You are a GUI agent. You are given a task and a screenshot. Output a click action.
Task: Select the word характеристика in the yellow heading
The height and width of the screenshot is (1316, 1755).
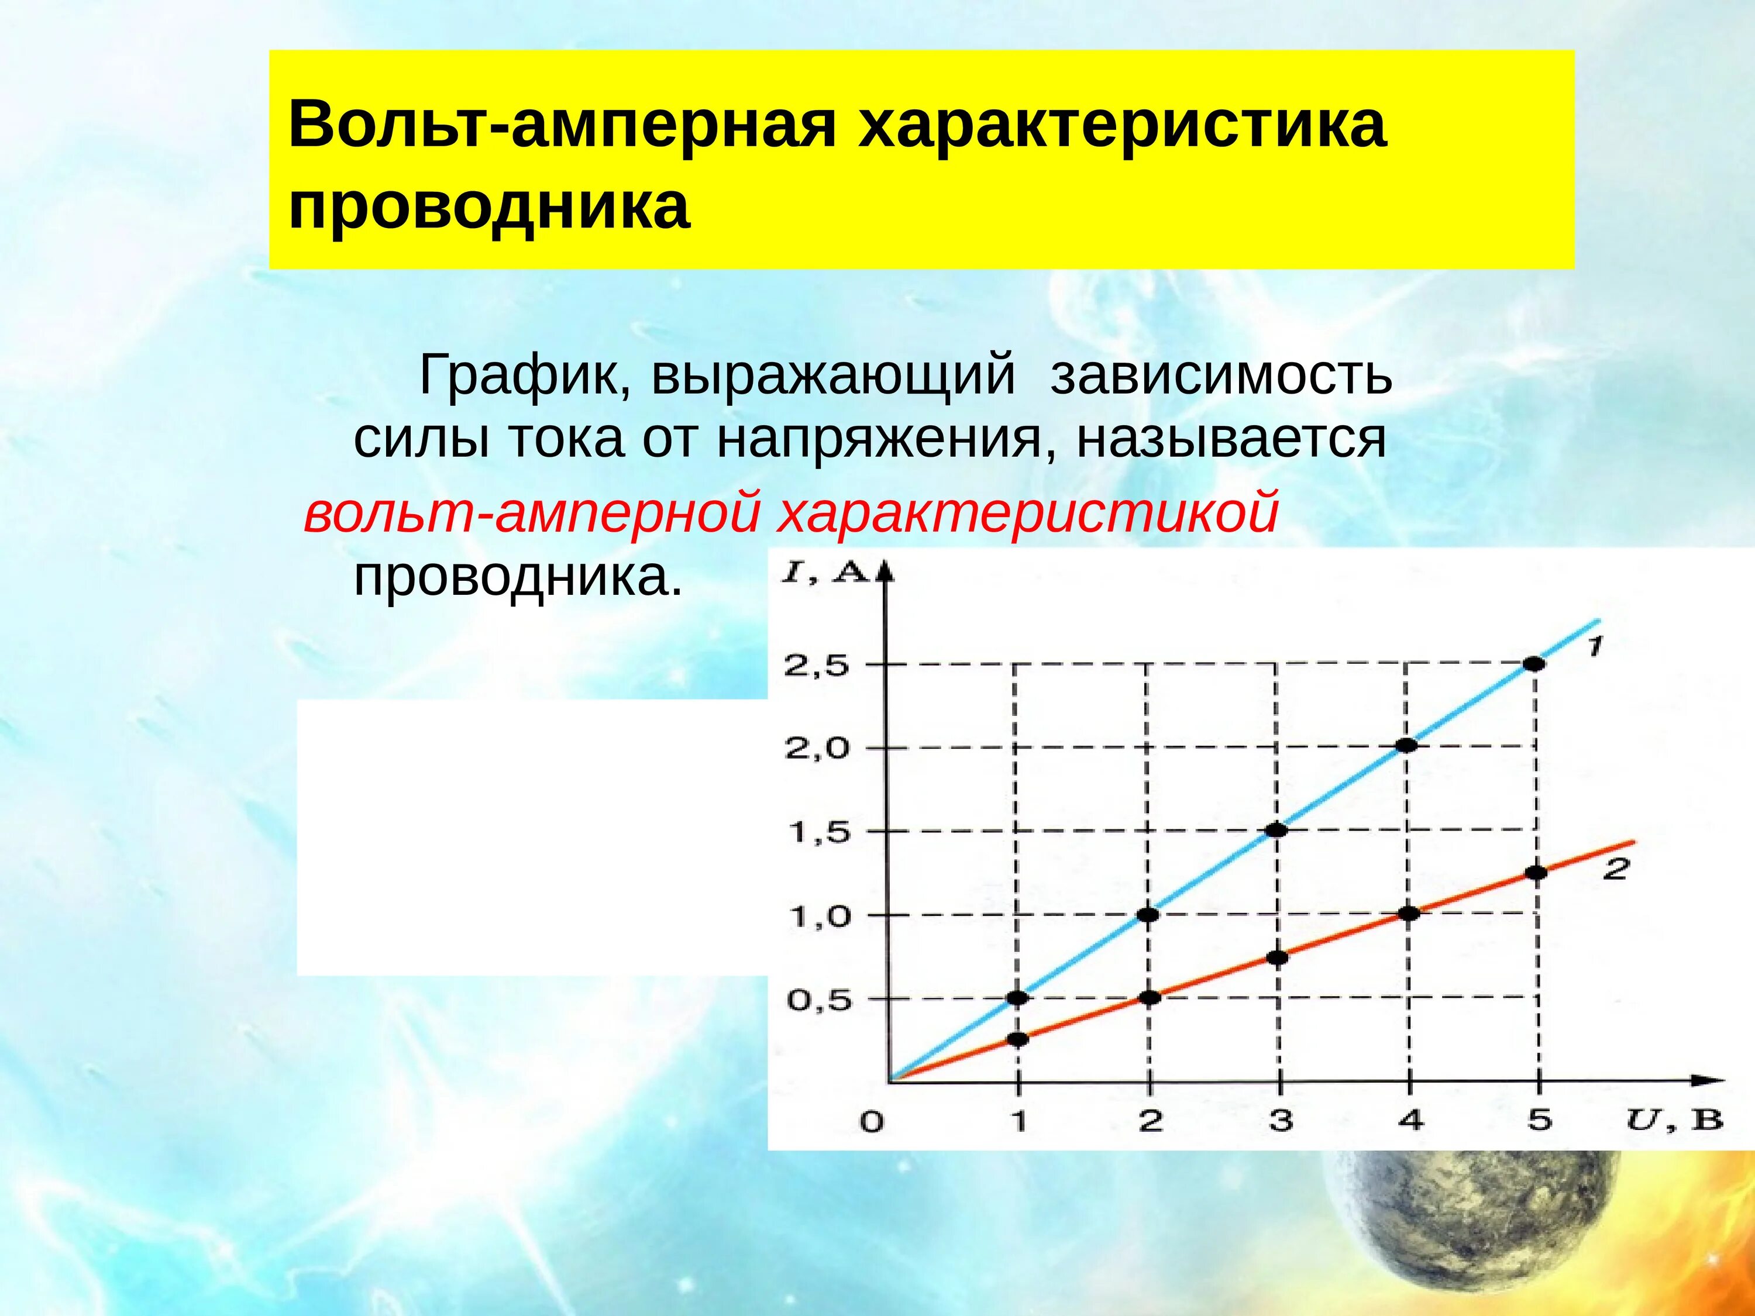[1121, 125]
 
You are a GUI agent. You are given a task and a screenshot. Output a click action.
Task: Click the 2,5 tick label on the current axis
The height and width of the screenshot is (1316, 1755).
[817, 666]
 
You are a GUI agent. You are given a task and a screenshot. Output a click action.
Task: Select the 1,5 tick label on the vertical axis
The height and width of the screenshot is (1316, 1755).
[818, 833]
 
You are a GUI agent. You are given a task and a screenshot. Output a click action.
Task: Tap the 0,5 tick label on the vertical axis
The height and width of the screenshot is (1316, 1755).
[818, 1000]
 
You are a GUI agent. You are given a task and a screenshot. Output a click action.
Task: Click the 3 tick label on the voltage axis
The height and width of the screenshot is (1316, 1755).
[1281, 1120]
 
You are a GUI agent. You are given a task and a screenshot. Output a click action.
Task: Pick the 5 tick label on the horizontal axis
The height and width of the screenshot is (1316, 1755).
[1539, 1120]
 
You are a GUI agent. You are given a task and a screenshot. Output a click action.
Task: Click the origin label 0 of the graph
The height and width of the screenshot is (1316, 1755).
[871, 1122]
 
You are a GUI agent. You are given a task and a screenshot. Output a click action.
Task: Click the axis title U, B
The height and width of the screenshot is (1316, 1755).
[1674, 1120]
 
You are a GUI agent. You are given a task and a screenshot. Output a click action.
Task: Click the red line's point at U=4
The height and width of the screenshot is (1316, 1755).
[1408, 913]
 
